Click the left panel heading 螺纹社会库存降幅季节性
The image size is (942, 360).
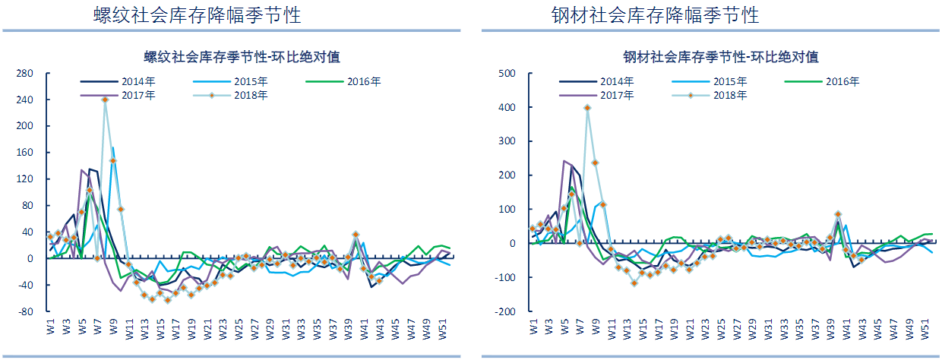[191, 15]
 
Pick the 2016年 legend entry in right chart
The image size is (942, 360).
[843, 81]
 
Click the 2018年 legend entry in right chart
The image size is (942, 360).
[731, 95]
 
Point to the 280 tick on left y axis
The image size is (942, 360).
[24, 74]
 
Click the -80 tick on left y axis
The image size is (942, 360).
[24, 311]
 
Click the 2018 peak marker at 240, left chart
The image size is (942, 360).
[105, 99]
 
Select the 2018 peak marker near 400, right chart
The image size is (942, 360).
[587, 108]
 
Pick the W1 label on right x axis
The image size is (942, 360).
[534, 329]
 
